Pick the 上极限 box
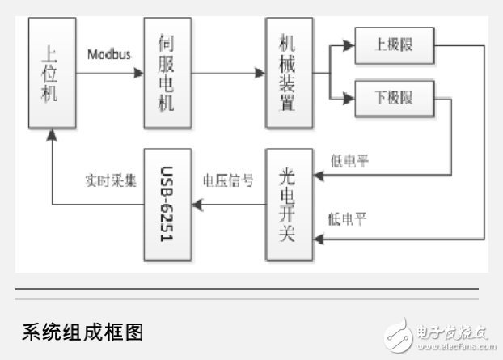click(x=394, y=44)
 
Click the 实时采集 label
click(x=106, y=179)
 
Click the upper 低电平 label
click(x=349, y=162)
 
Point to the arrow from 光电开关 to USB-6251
click(x=230, y=204)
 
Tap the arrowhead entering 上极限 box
click(x=349, y=44)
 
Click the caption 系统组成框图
click(x=82, y=332)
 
